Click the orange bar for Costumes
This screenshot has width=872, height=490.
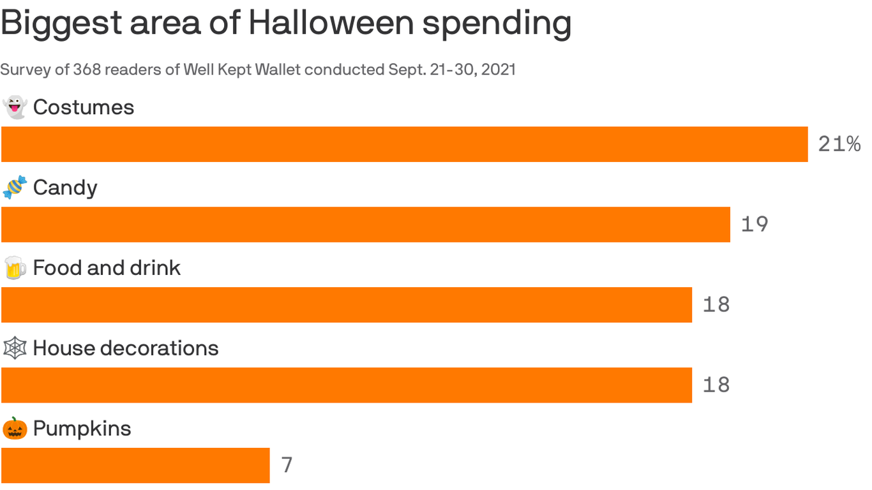click(x=404, y=144)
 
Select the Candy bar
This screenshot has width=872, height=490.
click(x=365, y=225)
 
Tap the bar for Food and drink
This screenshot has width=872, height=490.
click(x=346, y=305)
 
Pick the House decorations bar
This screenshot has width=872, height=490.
click(x=346, y=385)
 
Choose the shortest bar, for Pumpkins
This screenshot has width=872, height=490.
click(x=135, y=466)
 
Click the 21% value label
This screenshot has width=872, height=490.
click(x=839, y=144)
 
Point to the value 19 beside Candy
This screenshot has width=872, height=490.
click(x=754, y=225)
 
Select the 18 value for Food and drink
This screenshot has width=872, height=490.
click(x=716, y=305)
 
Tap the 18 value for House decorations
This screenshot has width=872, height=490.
click(x=716, y=385)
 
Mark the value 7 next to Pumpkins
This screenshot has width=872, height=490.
click(x=287, y=465)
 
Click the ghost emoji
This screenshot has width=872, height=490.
click(x=15, y=107)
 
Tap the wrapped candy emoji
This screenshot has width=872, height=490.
click(x=15, y=188)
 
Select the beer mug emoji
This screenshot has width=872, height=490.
click(x=15, y=268)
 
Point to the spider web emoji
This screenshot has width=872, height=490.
click(x=15, y=348)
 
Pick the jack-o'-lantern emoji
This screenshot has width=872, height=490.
click(x=15, y=429)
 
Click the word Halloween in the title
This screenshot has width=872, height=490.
click(x=331, y=23)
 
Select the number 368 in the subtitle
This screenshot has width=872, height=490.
click(x=87, y=70)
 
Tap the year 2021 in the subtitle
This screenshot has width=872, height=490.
click(x=498, y=70)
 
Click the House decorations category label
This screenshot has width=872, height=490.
click(x=126, y=348)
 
